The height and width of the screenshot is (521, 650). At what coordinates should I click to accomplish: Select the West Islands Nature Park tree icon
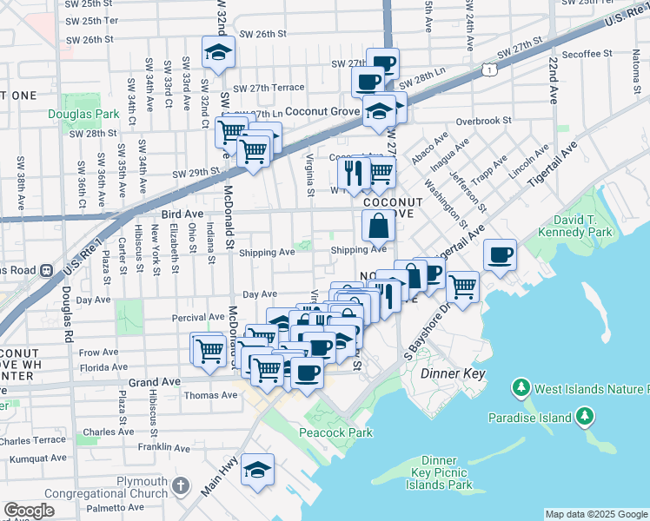pyautogui.click(x=521, y=386)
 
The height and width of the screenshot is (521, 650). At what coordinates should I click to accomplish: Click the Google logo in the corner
pyautogui.click(x=29, y=511)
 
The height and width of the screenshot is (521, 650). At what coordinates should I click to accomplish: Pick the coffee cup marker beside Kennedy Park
pyautogui.click(x=500, y=255)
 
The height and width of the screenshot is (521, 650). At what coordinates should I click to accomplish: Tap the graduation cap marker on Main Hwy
pyautogui.click(x=258, y=470)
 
